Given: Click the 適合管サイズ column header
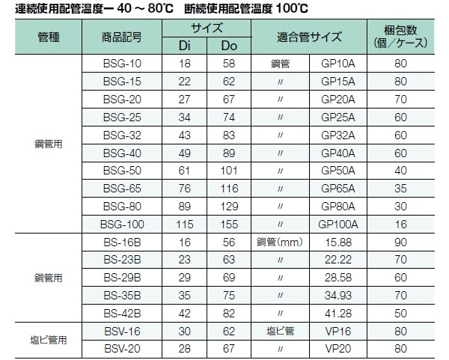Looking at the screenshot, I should pyautogui.click(x=308, y=36).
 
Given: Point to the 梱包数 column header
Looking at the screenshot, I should pyautogui.click(x=400, y=36).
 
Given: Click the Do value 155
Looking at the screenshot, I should pyautogui.click(x=228, y=222).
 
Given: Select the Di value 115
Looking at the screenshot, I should pyautogui.click(x=183, y=222).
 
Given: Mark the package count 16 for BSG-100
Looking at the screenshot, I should pyautogui.click(x=400, y=222).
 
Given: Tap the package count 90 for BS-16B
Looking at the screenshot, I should pyautogui.click(x=400, y=242).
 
